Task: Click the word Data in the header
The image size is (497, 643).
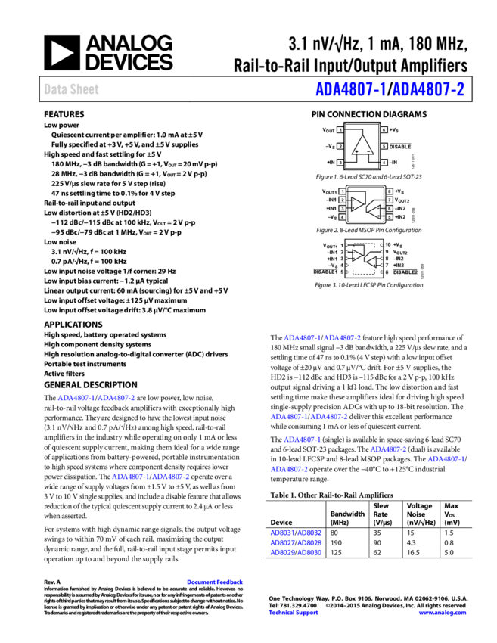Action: click(x=54, y=89)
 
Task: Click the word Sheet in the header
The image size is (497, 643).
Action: click(x=85, y=89)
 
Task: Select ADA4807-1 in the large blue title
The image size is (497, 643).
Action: click(x=350, y=90)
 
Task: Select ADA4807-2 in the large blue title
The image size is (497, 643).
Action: click(x=428, y=90)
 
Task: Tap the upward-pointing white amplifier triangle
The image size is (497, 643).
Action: click(x=363, y=145)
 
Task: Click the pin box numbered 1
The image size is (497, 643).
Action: click(x=343, y=192)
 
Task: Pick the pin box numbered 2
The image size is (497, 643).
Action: click(x=343, y=200)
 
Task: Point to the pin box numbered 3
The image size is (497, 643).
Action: click(x=343, y=209)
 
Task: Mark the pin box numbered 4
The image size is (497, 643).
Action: click(x=343, y=217)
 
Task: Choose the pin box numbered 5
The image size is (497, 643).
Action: click(x=390, y=217)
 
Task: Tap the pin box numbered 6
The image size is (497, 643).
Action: click(x=390, y=209)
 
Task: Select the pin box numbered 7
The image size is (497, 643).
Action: click(x=390, y=200)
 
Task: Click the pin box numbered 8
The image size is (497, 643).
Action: click(x=390, y=192)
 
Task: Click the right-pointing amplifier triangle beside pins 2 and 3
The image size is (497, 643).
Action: click(x=356, y=204)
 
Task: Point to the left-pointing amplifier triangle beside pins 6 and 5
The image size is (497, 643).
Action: click(x=375, y=212)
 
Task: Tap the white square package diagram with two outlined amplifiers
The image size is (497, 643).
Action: click(x=363, y=259)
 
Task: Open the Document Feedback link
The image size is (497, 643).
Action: click(x=215, y=582)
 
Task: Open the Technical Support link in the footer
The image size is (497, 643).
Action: click(x=294, y=613)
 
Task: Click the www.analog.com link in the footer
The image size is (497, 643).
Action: click(x=443, y=613)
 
